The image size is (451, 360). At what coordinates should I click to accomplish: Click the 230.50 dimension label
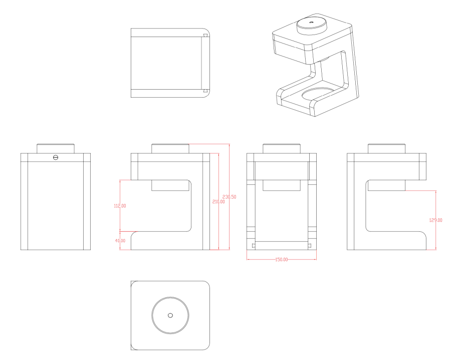point(229,197)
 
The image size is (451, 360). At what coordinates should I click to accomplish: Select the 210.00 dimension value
point(218,202)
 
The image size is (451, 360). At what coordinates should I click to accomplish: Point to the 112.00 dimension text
point(120,206)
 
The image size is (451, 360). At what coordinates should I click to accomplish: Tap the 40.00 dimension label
point(120,240)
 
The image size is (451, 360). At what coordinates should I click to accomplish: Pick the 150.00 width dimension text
point(281,259)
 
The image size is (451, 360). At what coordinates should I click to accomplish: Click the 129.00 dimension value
point(435,220)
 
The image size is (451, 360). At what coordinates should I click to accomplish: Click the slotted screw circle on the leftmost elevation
point(56,157)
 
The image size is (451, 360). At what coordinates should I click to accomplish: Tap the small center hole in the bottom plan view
point(170,315)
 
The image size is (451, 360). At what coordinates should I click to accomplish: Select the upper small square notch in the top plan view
point(205,36)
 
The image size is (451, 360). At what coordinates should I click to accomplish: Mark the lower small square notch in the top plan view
point(205,91)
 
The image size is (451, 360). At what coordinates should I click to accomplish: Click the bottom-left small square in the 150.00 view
point(254,245)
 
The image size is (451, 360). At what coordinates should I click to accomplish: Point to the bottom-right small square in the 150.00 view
point(310,245)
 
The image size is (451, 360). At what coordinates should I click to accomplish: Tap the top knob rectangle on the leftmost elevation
point(56,149)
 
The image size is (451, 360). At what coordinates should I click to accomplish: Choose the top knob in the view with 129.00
point(386,149)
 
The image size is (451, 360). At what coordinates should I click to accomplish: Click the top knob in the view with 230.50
point(170,149)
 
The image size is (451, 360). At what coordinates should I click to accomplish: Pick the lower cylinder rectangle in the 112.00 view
point(170,185)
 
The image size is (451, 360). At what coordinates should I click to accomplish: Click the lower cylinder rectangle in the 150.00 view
point(282,185)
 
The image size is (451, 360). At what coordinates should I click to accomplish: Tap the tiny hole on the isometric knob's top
point(312,22)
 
